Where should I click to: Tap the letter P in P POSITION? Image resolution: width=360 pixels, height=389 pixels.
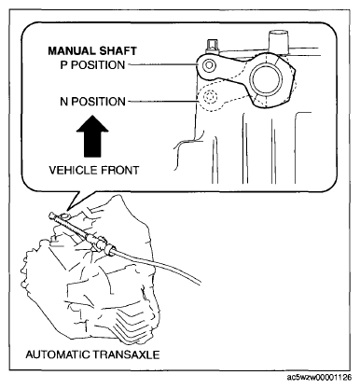63,65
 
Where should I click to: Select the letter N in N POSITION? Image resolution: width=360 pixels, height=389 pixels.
64,102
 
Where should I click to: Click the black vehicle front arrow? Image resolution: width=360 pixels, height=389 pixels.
92,136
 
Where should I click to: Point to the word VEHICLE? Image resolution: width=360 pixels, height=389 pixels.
71,171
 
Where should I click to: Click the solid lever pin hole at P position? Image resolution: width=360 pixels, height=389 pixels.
208,65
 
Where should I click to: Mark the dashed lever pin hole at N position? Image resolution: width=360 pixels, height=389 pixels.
209,97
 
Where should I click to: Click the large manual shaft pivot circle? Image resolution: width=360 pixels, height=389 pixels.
266,79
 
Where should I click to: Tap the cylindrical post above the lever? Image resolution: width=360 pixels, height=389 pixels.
279,42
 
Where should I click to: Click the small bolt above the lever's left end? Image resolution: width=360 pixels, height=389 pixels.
212,46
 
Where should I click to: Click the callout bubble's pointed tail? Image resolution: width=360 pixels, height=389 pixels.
69,208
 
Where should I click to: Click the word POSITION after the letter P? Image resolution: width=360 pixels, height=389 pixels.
98,65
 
